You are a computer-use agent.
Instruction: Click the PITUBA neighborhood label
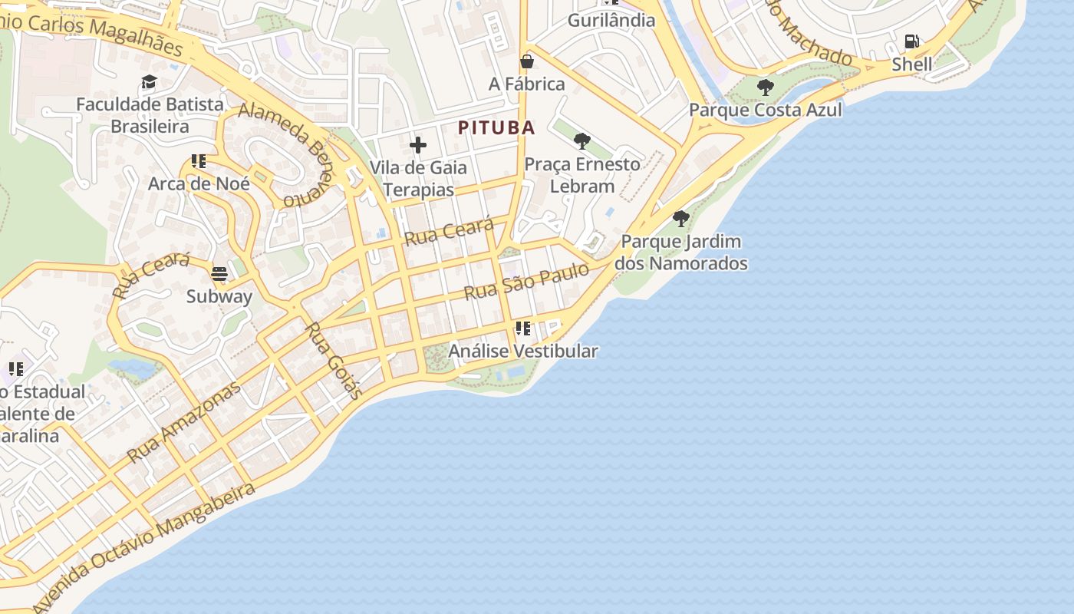(x=496, y=127)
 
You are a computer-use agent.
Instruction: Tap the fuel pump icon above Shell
(x=911, y=41)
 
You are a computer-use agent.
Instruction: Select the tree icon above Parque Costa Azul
(x=765, y=87)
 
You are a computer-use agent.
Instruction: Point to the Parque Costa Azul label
(x=765, y=110)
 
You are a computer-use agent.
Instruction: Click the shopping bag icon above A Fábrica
(x=527, y=61)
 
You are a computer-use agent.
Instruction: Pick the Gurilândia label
(x=611, y=20)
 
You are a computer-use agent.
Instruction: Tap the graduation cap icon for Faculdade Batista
(x=149, y=81)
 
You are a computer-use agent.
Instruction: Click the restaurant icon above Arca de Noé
(x=199, y=161)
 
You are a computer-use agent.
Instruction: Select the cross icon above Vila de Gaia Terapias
(x=418, y=145)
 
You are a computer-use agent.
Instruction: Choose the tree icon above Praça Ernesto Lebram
(x=582, y=141)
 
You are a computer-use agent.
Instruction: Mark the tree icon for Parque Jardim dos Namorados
(x=680, y=219)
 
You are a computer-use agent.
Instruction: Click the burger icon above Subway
(x=219, y=274)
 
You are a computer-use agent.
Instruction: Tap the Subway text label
(x=219, y=296)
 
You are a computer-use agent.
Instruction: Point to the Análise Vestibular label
(x=523, y=351)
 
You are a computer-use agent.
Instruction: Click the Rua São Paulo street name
(x=526, y=281)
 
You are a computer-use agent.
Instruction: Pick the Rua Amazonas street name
(x=184, y=421)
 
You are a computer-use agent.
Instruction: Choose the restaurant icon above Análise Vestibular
(x=523, y=328)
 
